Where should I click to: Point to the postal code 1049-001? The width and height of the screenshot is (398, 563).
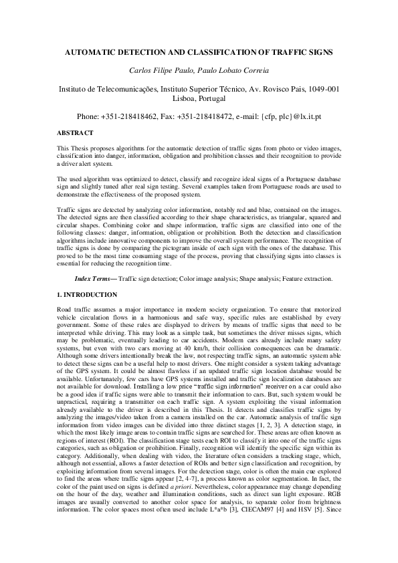tap(323, 88)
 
